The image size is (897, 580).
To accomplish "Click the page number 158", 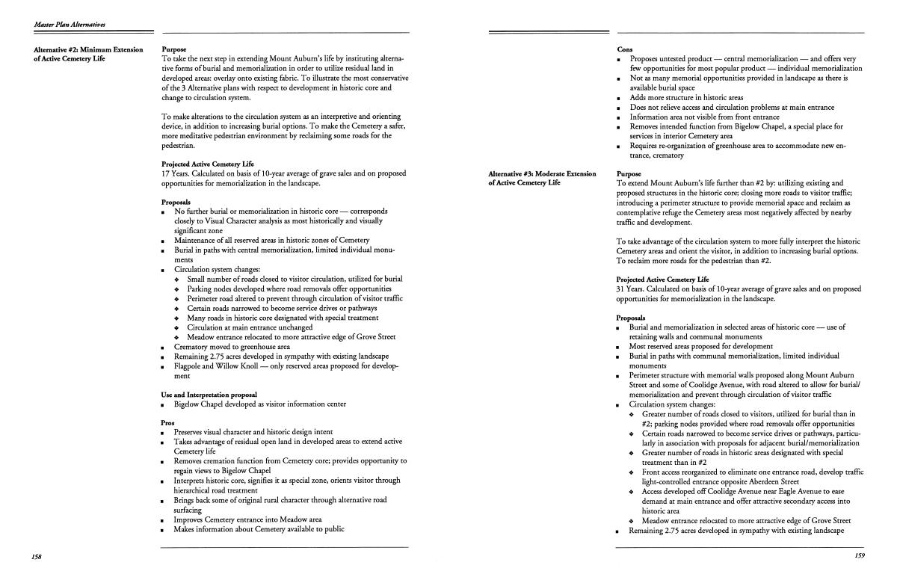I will [37, 558].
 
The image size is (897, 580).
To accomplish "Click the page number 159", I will [859, 555].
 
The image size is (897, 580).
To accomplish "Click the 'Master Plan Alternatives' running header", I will [70, 25].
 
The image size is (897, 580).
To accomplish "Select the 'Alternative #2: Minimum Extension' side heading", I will [88, 50].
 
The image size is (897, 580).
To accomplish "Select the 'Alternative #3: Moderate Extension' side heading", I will [542, 174].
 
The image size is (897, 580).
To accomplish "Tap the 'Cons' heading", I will [626, 49].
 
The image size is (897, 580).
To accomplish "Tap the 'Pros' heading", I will [168, 422].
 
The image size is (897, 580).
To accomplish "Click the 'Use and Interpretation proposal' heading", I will [209, 395].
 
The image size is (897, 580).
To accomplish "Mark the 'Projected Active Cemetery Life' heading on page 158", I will [208, 164].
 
